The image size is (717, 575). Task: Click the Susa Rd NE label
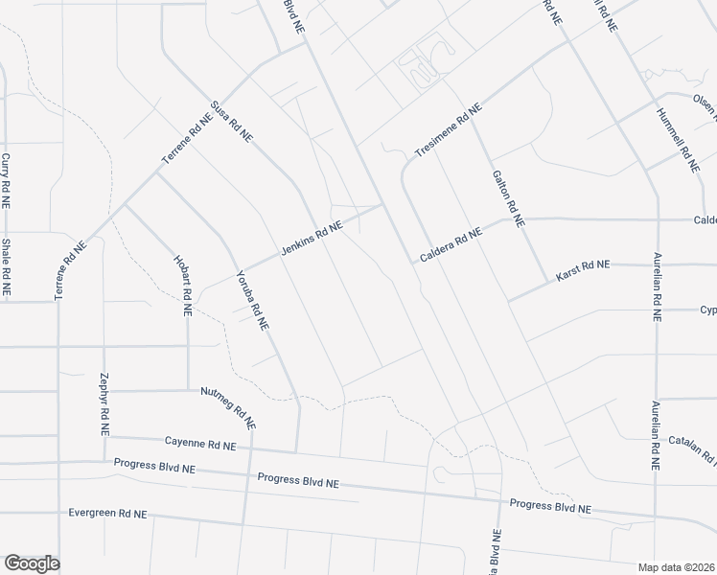[x=231, y=124]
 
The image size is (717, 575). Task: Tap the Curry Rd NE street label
[x=6, y=181]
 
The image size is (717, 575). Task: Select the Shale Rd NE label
[x=6, y=265]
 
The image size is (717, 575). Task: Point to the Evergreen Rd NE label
[x=107, y=513]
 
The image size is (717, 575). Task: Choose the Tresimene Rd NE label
[x=446, y=132]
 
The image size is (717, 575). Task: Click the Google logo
[x=32, y=563]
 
